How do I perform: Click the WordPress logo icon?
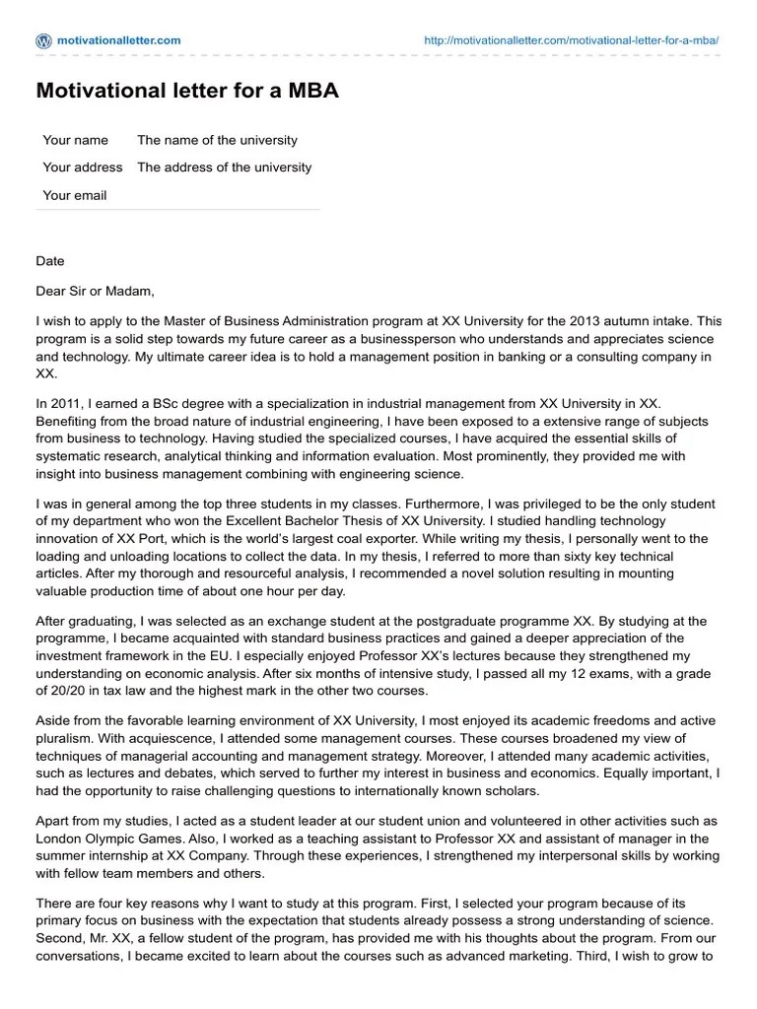pos(43,40)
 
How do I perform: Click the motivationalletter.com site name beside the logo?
pos(119,40)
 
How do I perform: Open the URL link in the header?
pos(571,40)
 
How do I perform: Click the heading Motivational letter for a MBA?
pos(187,92)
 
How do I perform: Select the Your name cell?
pos(76,140)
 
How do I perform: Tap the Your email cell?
pos(75,195)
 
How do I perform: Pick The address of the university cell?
pos(224,168)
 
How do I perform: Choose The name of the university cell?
pos(217,140)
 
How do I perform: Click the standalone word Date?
pos(50,261)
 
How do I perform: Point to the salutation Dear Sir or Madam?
pos(96,291)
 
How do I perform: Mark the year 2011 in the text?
pos(67,403)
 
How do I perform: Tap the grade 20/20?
pos(71,692)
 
